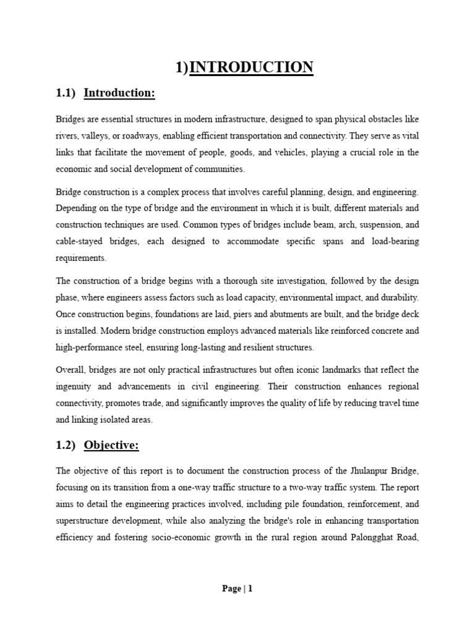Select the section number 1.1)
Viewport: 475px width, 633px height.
[66, 93]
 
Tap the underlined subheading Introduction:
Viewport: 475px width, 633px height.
[119, 93]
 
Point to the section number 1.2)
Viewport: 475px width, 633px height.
[66, 444]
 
